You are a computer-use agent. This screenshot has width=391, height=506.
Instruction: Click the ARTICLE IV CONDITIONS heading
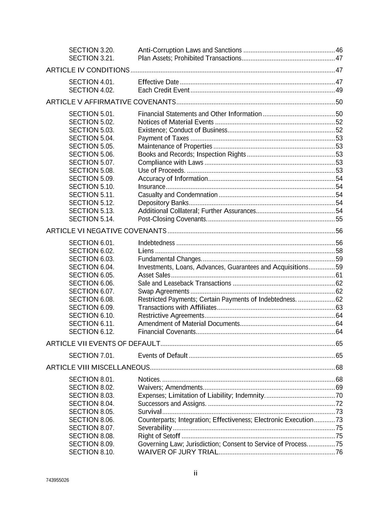coord(88,70)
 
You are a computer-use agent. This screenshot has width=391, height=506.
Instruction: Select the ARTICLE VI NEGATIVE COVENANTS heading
coord(106,231)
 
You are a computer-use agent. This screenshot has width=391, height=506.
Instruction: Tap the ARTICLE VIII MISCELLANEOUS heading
coord(98,367)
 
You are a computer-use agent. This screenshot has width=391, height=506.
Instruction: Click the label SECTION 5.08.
coord(92,171)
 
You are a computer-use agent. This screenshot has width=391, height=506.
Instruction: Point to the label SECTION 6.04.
coord(92,267)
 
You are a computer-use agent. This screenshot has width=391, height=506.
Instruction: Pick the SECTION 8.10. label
coord(92,452)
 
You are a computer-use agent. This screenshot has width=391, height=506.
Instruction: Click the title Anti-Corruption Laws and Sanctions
coord(190,50)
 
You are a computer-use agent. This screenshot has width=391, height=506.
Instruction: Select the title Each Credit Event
coord(164,90)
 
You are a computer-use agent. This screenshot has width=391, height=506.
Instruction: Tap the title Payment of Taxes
coord(163,138)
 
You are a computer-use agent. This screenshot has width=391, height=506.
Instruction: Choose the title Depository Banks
coord(163,203)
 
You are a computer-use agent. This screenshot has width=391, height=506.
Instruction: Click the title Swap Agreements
coord(163,291)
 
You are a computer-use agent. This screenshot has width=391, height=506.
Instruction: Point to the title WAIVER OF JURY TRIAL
coord(178,452)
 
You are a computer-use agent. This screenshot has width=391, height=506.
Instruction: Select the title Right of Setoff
coord(159,436)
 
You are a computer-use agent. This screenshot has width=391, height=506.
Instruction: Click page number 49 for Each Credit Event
coord(339,90)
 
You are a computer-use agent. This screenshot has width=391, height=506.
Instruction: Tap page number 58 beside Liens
coord(339,251)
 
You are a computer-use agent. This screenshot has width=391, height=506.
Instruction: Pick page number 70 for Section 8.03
coord(339,396)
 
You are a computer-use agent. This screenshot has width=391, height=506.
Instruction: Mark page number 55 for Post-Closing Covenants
coord(339,219)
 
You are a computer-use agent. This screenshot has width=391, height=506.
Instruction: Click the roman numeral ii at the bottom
coord(195,473)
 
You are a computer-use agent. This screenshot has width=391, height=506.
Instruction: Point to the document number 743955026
coord(57,480)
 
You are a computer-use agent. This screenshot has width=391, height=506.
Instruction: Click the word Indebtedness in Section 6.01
coord(156,243)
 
